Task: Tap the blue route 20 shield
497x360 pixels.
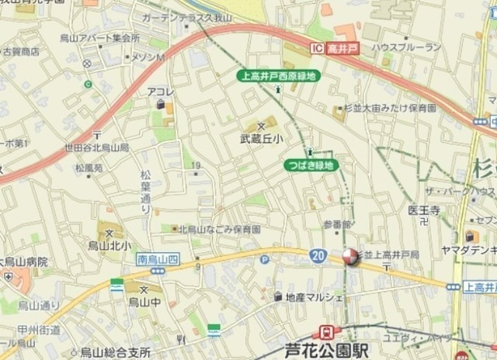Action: click(x=318, y=255)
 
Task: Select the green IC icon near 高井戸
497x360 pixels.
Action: click(x=315, y=47)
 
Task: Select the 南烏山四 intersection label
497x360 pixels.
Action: click(x=157, y=258)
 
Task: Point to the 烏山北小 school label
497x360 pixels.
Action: click(x=111, y=244)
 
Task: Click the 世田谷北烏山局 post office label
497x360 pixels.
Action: click(x=97, y=148)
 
